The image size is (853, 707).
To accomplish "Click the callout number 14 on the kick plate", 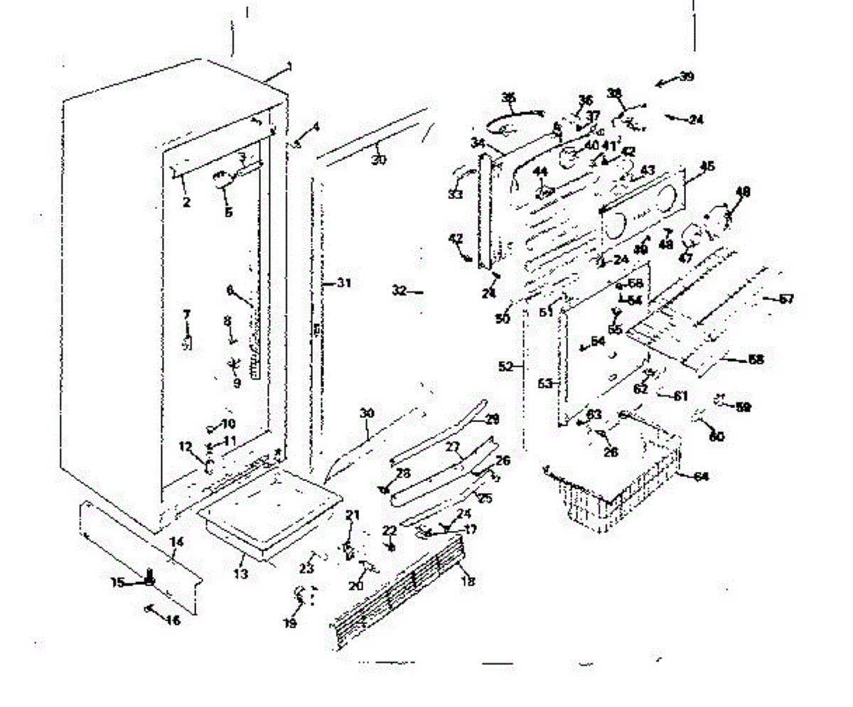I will click(176, 542).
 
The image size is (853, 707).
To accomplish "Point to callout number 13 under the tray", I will click(241, 573).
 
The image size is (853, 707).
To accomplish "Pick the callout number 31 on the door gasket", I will click(344, 283).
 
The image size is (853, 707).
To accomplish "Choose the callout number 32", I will click(399, 290).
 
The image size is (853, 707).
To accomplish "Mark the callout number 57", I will click(785, 299).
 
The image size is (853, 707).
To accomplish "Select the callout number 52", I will click(505, 367).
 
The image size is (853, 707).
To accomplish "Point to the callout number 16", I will click(173, 620).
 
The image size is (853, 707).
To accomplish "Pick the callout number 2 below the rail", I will click(186, 203).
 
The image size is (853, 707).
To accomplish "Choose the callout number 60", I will click(717, 436).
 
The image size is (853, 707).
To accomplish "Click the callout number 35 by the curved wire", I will click(509, 97).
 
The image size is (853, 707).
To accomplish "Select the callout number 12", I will click(186, 447).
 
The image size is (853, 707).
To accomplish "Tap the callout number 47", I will click(685, 259).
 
